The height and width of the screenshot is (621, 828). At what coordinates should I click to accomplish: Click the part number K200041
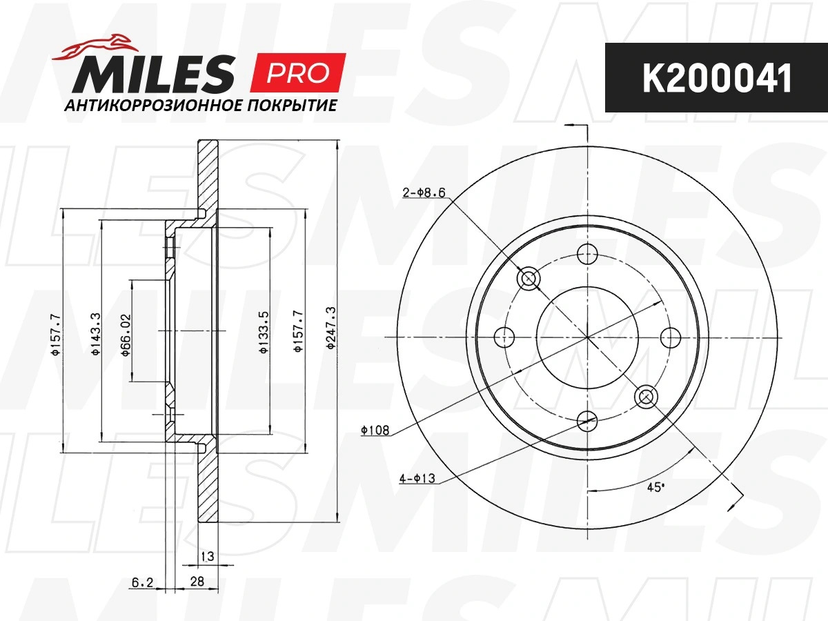717,79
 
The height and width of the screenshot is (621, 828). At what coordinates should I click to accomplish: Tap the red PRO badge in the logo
298,72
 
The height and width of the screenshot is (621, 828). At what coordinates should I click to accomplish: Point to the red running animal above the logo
95,47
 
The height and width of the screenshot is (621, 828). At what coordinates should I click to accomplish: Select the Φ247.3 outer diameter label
331,328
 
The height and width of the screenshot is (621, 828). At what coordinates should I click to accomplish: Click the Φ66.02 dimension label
126,335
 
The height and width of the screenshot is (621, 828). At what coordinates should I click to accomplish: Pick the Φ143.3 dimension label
95,334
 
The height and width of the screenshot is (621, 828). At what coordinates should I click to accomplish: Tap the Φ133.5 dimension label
264,332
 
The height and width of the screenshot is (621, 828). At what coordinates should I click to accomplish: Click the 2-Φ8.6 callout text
424,193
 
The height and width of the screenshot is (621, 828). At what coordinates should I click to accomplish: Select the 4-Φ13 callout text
417,478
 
